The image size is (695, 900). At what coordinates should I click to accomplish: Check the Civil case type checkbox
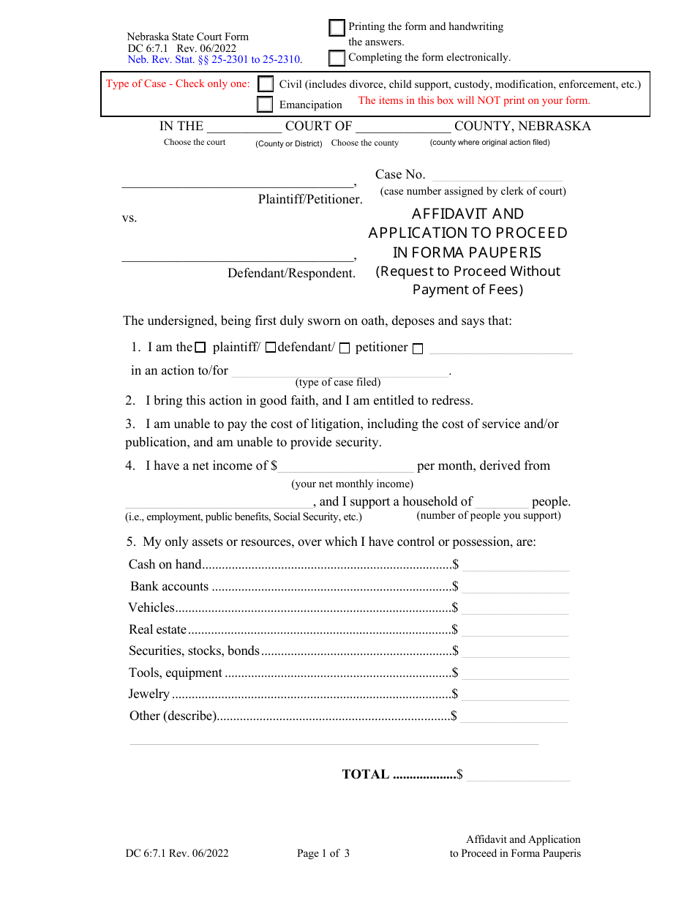click(266, 85)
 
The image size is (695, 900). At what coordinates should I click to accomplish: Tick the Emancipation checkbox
click(265, 105)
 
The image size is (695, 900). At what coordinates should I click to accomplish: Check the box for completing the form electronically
click(337, 58)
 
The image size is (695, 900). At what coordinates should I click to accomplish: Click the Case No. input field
click(497, 175)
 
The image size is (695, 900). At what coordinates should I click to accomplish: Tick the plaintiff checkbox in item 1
click(200, 348)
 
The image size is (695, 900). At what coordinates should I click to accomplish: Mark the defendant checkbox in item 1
click(270, 348)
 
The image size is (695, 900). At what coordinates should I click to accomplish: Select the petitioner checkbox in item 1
click(345, 349)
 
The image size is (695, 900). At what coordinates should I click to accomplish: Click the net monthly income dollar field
click(345, 466)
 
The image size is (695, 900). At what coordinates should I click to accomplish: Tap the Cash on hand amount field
click(515, 564)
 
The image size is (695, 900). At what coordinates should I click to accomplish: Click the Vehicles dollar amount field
click(515, 607)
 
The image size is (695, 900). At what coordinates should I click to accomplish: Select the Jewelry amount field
click(515, 694)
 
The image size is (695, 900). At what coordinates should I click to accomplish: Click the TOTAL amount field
click(518, 774)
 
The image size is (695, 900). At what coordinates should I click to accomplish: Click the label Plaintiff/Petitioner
click(310, 199)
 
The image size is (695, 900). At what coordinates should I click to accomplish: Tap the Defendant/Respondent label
click(291, 273)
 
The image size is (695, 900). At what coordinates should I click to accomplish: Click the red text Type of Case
click(178, 83)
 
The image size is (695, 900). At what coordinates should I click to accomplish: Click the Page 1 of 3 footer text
click(323, 853)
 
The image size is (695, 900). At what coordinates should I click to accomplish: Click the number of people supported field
click(502, 502)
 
